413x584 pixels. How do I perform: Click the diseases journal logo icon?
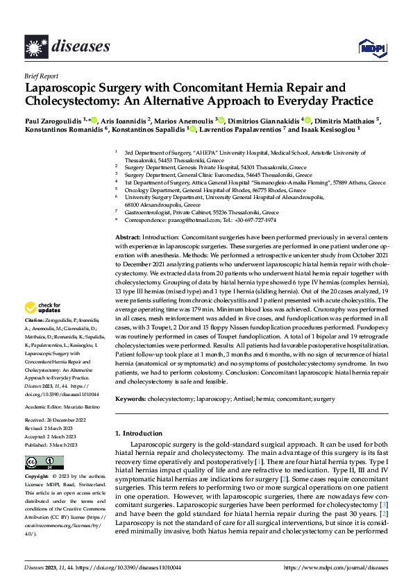pos(36,46)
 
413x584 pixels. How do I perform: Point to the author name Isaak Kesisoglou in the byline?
pos(329,129)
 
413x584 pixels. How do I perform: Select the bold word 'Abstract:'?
pos(129,238)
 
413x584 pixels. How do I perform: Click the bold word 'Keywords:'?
pos(130,399)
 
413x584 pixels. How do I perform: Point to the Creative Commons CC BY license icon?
pos(44,462)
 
